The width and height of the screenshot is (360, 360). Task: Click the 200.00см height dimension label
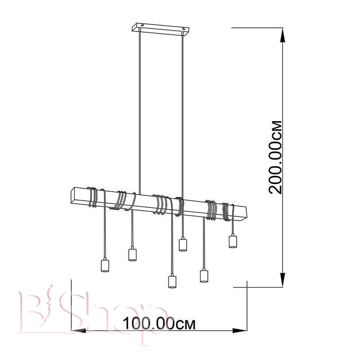(275, 157)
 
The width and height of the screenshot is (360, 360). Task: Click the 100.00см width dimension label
(159, 324)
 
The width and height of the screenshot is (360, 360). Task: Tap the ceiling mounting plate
(161, 29)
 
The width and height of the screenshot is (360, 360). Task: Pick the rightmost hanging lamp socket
(233, 241)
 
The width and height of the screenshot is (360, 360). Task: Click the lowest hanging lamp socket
(172, 281)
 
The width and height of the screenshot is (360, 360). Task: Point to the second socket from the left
(132, 254)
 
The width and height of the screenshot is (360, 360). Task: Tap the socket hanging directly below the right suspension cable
(183, 244)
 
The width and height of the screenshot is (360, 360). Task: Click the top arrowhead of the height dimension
(283, 35)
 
